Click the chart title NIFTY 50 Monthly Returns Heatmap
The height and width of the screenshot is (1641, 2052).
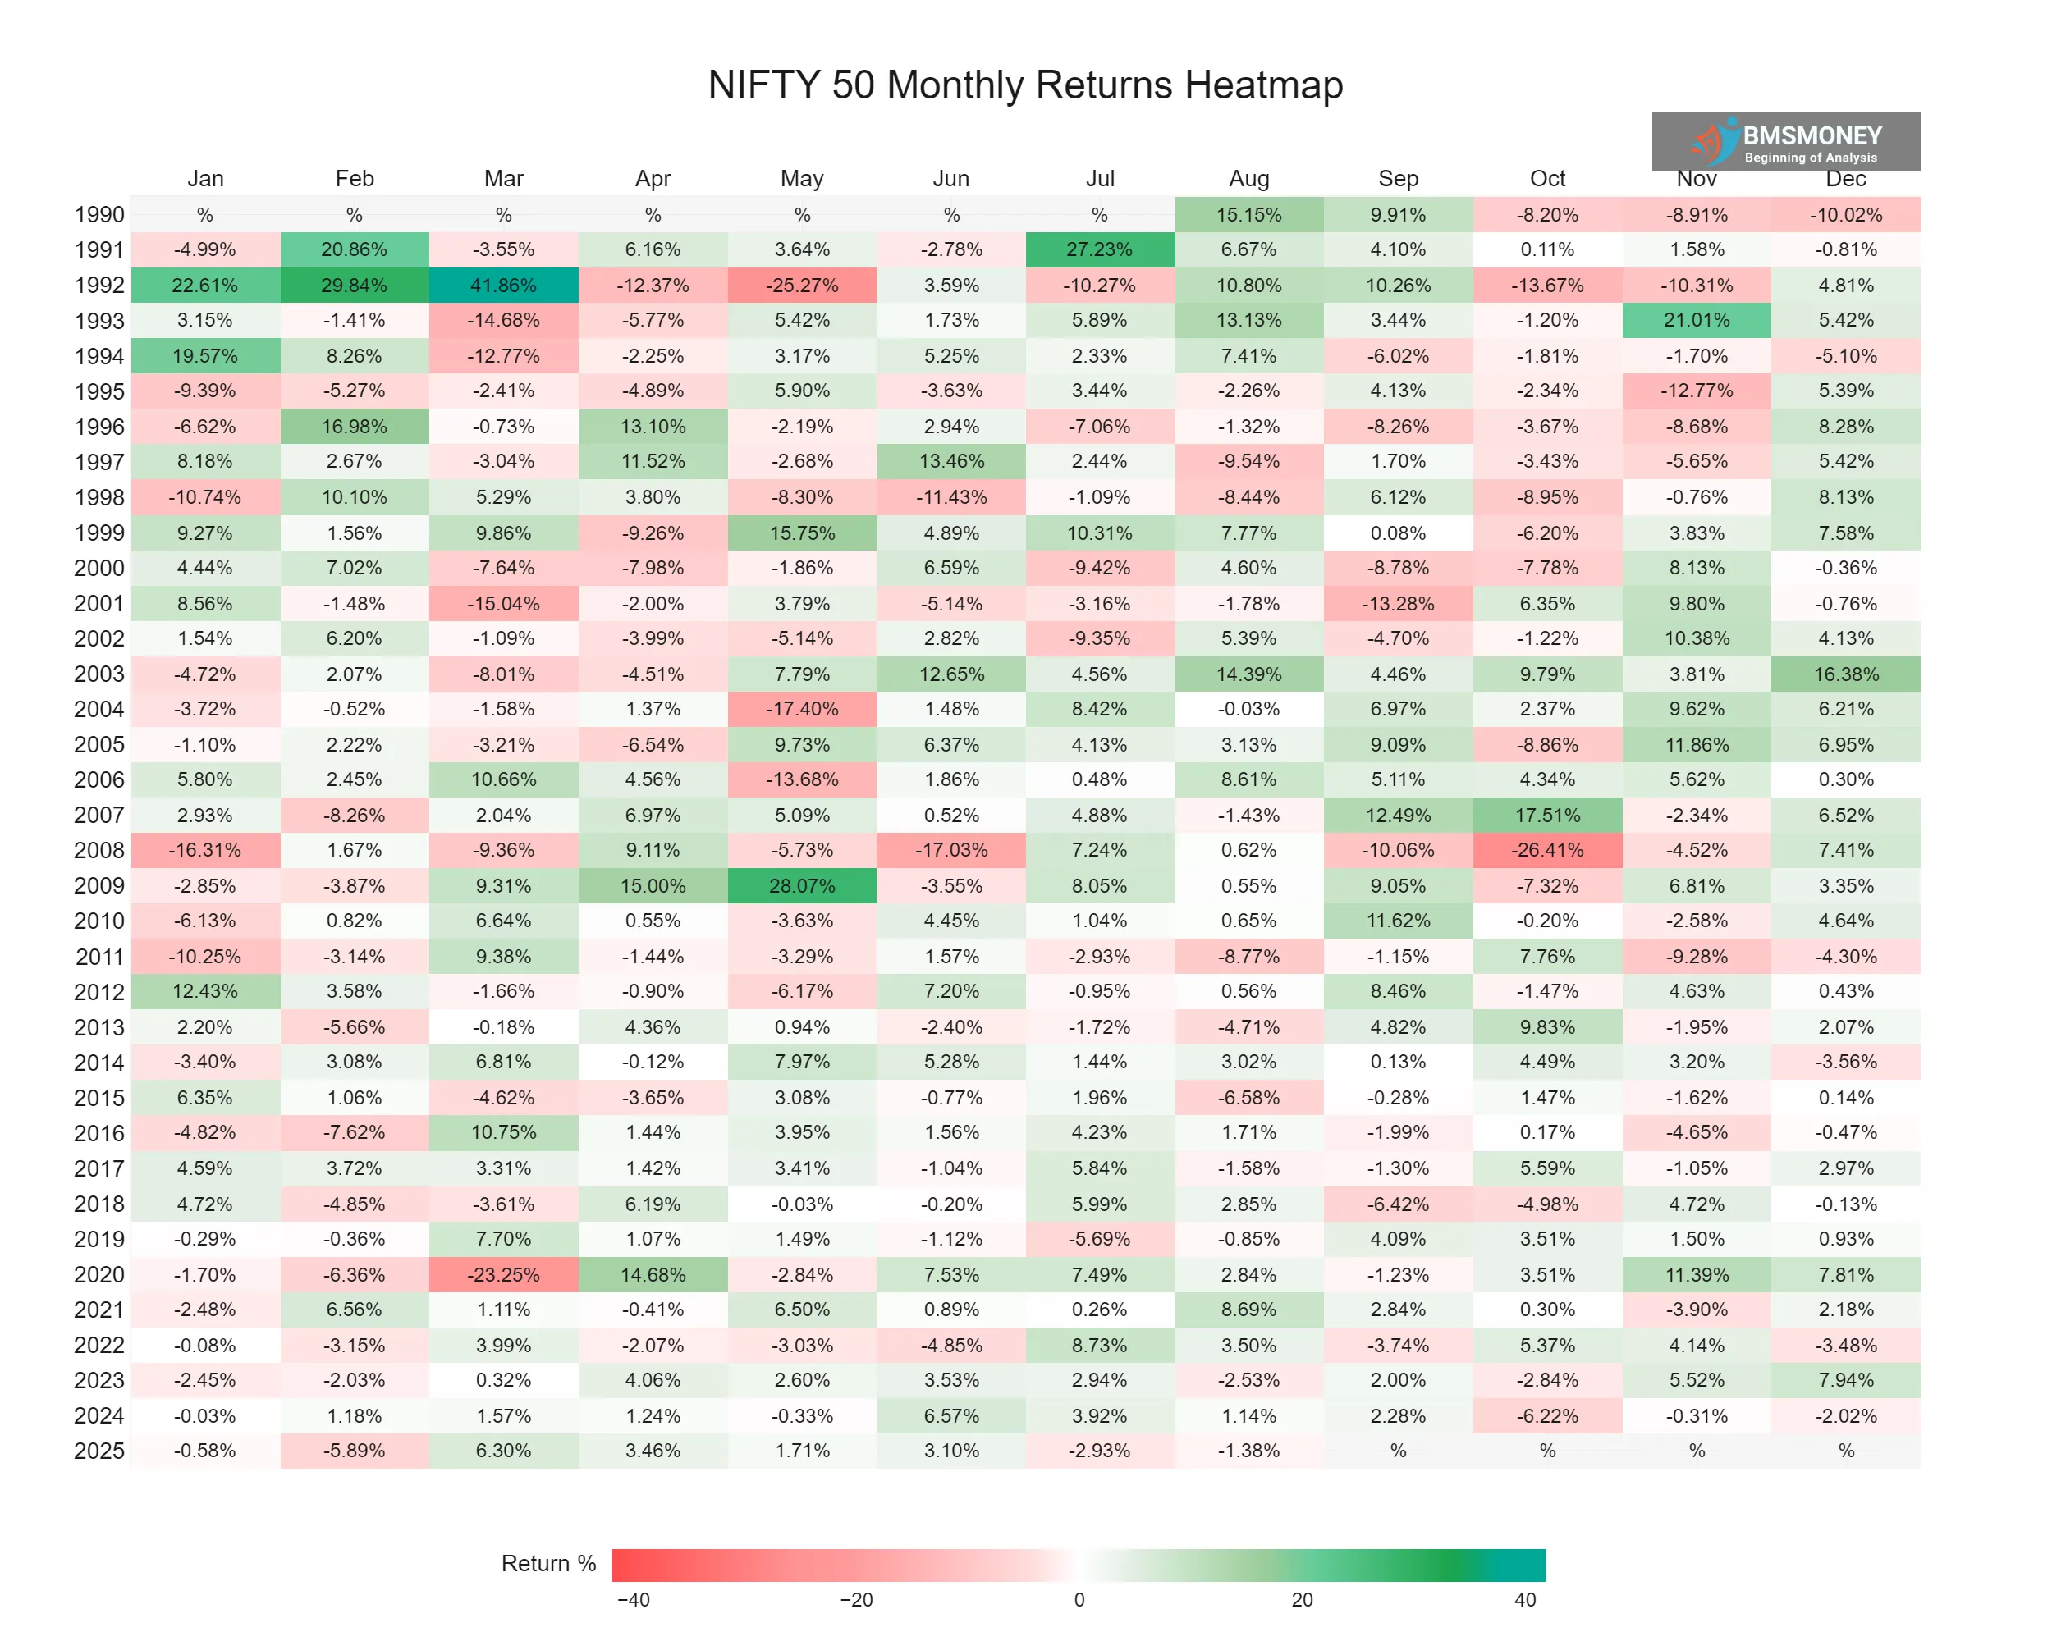point(1025,85)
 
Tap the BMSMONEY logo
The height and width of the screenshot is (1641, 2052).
point(1785,142)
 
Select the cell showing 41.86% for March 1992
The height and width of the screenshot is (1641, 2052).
point(503,286)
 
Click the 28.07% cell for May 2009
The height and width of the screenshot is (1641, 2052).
point(803,885)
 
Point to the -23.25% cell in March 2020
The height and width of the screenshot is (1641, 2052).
point(503,1275)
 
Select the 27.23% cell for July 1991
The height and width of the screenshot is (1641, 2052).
point(1099,249)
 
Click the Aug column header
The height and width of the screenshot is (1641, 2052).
point(1248,179)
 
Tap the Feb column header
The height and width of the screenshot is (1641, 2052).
point(354,179)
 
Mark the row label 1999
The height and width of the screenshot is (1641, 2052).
point(99,533)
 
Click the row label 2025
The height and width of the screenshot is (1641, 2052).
point(99,1451)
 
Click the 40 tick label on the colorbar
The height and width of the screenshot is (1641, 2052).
point(1525,1600)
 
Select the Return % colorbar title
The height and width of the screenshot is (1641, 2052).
point(548,1564)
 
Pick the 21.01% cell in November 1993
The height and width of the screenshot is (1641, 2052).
point(1697,321)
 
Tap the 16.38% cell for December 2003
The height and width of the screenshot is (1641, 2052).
point(1845,674)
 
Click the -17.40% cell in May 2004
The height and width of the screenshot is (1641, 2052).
point(803,709)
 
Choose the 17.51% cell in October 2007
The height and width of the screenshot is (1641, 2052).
point(1547,816)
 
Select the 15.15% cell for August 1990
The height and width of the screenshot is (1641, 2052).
point(1248,215)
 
